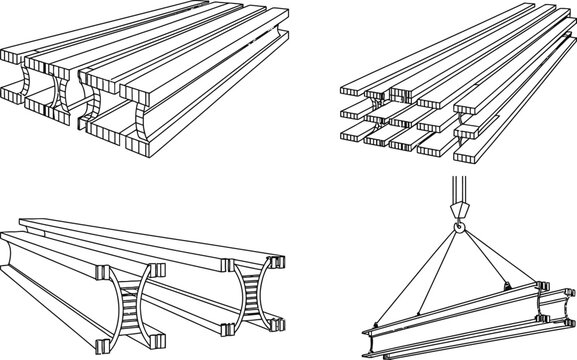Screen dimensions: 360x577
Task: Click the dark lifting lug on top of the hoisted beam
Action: click(x=508, y=291)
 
